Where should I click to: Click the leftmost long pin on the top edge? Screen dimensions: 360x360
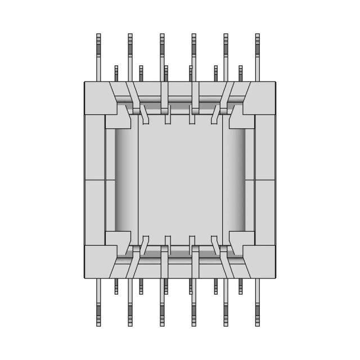(x=98, y=56)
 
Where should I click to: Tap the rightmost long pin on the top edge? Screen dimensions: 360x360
(x=258, y=56)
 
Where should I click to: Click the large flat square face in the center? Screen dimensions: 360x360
(x=180, y=180)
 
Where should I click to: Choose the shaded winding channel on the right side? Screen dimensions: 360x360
(x=235, y=180)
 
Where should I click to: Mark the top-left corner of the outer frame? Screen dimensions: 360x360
(x=85, y=83)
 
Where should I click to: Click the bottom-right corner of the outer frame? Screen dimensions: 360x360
(x=276, y=277)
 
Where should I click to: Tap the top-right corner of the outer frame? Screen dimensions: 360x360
(x=276, y=83)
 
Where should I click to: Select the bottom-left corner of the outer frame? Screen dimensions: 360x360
(x=85, y=277)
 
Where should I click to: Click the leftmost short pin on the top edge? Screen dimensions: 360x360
(x=116, y=74)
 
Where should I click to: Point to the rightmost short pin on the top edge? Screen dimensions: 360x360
(x=241, y=74)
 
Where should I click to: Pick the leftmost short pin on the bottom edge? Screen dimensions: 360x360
(x=116, y=286)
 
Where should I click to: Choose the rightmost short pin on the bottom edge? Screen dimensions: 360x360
(x=241, y=286)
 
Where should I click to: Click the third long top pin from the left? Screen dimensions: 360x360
(x=162, y=56)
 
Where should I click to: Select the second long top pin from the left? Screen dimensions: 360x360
(x=130, y=56)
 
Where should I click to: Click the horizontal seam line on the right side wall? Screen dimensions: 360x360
(x=265, y=180)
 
